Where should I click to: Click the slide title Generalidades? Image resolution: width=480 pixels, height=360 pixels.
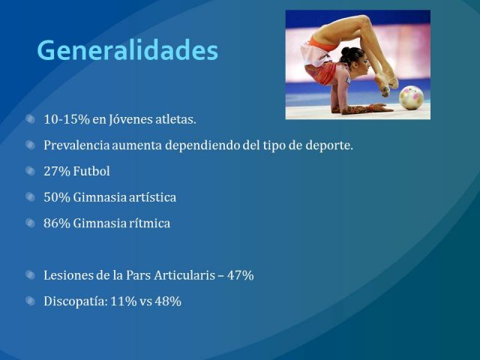(x=127, y=50)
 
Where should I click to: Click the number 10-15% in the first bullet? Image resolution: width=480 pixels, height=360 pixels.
(x=67, y=119)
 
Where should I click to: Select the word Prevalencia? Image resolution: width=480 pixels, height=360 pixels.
(x=76, y=145)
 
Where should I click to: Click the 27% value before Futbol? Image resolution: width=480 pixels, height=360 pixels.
(x=57, y=171)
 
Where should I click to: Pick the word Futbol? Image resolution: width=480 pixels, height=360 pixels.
(x=91, y=171)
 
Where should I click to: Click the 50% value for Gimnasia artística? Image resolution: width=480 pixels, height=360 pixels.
(x=57, y=197)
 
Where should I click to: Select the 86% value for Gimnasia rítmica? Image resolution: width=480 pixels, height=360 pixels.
(x=57, y=223)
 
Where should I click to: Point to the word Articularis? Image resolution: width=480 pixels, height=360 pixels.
(x=184, y=275)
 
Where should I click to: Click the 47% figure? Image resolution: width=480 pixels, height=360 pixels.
(x=240, y=275)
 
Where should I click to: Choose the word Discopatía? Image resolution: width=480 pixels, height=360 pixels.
(x=76, y=301)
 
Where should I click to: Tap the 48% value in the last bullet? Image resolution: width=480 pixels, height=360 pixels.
(x=168, y=301)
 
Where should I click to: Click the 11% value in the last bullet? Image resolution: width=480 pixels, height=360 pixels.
(x=123, y=301)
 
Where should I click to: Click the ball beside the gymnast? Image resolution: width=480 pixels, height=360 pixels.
(x=412, y=97)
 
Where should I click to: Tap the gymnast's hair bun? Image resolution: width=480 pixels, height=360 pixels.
(x=345, y=51)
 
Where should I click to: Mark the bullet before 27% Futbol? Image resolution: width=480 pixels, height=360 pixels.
(x=30, y=171)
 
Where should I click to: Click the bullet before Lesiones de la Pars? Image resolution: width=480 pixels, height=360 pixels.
(x=30, y=275)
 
